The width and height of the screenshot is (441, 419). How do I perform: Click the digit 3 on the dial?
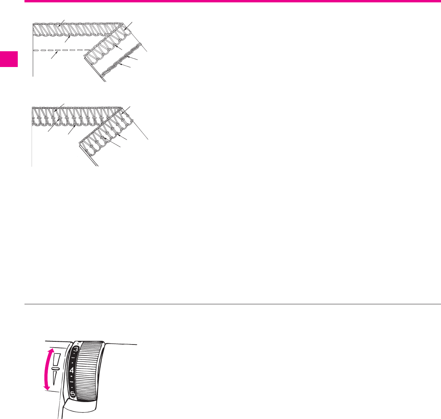75,348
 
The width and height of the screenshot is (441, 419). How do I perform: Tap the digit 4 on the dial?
72,371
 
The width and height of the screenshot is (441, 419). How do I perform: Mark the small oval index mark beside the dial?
55,369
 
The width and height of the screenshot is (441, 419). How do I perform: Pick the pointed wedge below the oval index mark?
55,380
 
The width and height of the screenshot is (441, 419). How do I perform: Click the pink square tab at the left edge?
9,59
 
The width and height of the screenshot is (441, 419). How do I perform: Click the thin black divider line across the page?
232,304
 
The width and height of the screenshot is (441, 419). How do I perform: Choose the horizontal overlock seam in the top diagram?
75,29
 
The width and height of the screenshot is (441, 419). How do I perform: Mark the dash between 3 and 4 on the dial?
73,360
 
